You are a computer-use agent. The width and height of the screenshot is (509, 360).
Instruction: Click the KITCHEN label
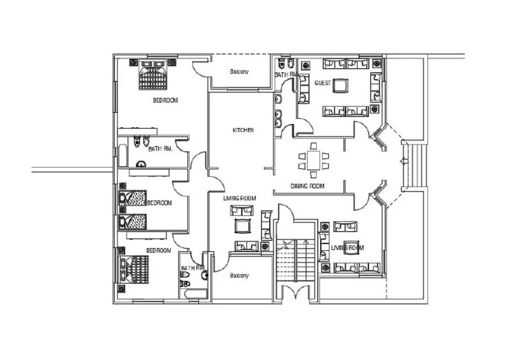(x=243, y=130)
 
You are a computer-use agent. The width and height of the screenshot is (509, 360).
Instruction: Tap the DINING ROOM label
(x=308, y=186)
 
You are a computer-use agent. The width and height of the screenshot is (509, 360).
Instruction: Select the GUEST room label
(x=323, y=84)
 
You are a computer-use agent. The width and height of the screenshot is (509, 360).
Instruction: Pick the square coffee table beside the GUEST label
(x=341, y=87)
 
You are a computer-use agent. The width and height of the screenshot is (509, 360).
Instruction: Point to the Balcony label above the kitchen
(x=239, y=72)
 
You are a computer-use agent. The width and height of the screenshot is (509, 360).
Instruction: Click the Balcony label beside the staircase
(x=239, y=275)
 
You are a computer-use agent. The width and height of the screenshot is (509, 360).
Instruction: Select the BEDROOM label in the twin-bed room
(x=159, y=202)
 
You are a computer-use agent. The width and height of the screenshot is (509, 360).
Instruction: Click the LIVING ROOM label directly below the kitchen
(x=239, y=198)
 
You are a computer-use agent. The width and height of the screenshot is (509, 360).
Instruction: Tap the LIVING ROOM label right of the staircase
(x=347, y=248)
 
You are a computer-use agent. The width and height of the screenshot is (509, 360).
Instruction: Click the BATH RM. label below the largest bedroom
(x=160, y=149)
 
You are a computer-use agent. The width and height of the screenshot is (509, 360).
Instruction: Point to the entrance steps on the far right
(x=417, y=166)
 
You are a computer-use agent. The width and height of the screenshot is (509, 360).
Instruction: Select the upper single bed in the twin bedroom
(x=135, y=198)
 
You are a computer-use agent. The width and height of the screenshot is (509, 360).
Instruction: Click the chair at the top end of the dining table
(x=313, y=147)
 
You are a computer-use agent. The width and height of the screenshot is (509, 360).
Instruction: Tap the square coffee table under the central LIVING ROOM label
(x=242, y=227)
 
